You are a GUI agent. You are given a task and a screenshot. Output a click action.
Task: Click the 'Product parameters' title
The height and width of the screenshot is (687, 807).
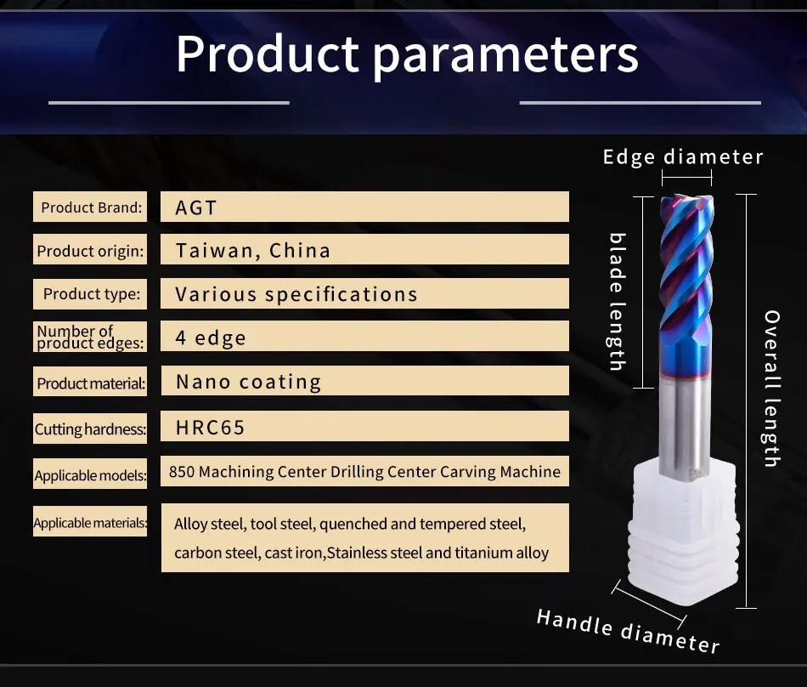click(407, 54)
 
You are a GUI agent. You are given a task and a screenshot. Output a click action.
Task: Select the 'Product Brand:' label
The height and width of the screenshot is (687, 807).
click(91, 207)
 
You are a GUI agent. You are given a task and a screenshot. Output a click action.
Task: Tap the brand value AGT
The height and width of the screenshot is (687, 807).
click(195, 208)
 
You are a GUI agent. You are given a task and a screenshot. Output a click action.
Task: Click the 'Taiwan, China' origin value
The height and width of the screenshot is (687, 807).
click(252, 251)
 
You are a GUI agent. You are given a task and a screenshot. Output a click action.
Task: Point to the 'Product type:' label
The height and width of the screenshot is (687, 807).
click(92, 293)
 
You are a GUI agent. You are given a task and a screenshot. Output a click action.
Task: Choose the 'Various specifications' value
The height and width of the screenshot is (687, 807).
click(296, 294)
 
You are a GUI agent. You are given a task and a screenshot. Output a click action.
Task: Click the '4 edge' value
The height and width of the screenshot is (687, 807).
click(211, 338)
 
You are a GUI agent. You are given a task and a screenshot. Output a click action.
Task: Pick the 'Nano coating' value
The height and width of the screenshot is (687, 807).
click(249, 382)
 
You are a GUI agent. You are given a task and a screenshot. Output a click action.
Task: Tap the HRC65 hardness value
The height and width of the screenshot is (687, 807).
click(210, 428)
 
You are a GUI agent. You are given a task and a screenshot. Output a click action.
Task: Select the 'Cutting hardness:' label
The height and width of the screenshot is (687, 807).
click(90, 429)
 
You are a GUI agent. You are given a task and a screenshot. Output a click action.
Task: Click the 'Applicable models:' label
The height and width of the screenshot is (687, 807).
click(90, 475)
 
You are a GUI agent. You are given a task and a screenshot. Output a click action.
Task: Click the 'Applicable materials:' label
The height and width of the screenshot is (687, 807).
click(90, 523)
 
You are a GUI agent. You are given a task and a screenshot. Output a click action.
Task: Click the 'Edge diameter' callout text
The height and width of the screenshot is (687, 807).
click(683, 157)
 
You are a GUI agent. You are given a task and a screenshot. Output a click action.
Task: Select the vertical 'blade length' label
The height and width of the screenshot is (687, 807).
click(618, 302)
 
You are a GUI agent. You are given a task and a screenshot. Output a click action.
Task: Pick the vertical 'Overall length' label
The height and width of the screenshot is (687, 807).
click(771, 389)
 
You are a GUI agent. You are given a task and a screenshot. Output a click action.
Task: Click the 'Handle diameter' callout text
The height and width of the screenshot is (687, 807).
click(628, 631)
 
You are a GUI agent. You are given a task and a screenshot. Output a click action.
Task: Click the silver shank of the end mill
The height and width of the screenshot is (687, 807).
click(685, 428)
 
